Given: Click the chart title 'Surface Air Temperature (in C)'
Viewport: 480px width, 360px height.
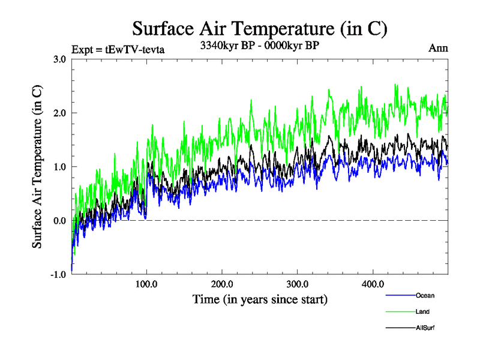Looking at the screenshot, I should pos(260,28).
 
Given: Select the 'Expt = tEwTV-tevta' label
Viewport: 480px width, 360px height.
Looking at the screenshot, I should pos(118,49).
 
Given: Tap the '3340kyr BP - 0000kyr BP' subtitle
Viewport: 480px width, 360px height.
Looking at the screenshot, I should pos(260,45).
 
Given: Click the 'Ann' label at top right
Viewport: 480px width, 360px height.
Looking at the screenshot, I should pos(437,49).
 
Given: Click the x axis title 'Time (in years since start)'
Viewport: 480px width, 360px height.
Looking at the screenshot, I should pos(260,299).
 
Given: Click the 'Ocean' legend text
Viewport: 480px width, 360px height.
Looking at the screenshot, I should pos(425,295).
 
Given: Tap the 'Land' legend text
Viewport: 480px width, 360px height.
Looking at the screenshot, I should pos(422,311).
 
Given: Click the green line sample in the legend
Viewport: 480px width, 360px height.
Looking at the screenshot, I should pos(400,311).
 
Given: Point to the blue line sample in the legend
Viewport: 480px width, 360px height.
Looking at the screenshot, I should pos(400,295).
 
